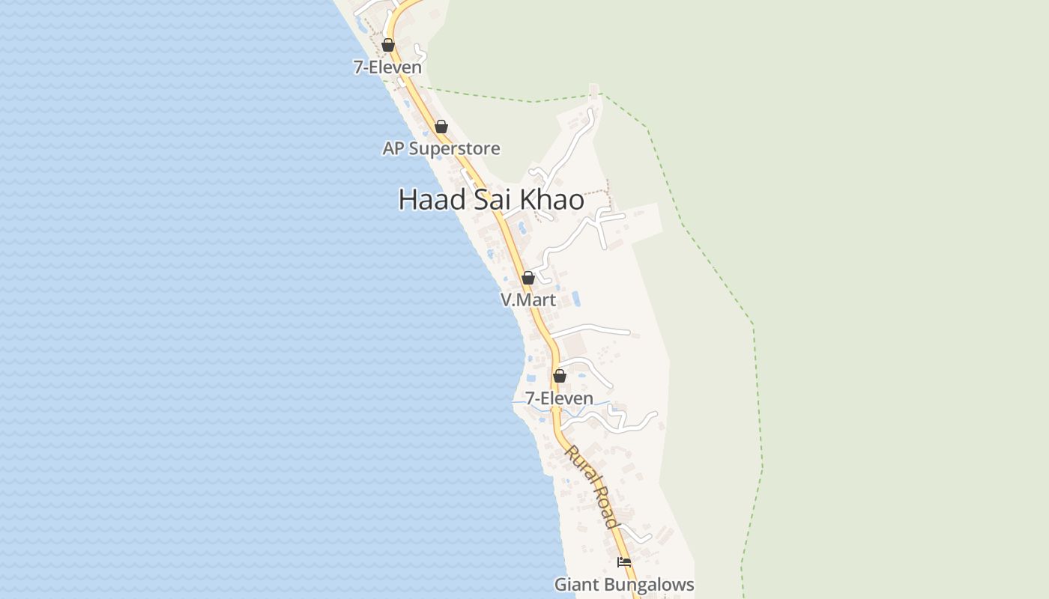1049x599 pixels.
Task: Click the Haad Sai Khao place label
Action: pyautogui.click(x=491, y=200)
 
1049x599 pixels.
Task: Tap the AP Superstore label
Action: pyautogui.click(x=441, y=148)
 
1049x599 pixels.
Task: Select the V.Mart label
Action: pyautogui.click(x=528, y=300)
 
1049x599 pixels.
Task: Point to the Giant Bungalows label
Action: pyautogui.click(x=624, y=584)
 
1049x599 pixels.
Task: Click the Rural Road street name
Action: pyautogui.click(x=592, y=487)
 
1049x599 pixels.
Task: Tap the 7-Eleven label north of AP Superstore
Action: pyautogui.click(x=387, y=67)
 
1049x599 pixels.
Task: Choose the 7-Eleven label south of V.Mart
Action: pyautogui.click(x=559, y=398)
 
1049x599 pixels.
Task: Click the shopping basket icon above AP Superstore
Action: pyautogui.click(x=441, y=127)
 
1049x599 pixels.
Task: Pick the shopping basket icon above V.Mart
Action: pyautogui.click(x=528, y=278)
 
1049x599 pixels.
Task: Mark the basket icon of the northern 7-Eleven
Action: pyautogui.click(x=388, y=45)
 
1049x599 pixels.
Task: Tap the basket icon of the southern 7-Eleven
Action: pyautogui.click(x=560, y=376)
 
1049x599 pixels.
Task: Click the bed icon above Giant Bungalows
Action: pyautogui.click(x=624, y=562)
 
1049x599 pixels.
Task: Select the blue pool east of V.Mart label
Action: pyautogui.click(x=576, y=299)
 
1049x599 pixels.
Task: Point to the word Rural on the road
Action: pyautogui.click(x=579, y=464)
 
